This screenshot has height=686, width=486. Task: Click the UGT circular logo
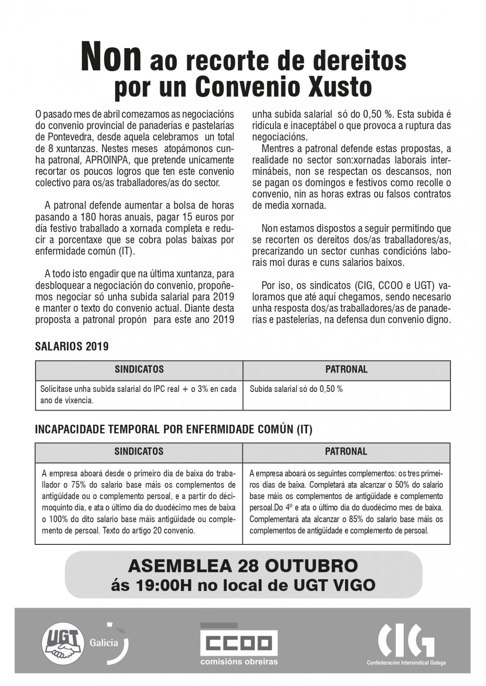tap(64, 641)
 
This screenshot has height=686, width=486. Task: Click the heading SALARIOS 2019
tap(72, 347)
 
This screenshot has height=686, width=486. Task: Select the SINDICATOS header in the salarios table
tap(139, 369)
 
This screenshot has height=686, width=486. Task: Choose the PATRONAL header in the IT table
tap(346, 451)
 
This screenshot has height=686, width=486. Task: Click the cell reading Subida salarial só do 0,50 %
tap(296, 390)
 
